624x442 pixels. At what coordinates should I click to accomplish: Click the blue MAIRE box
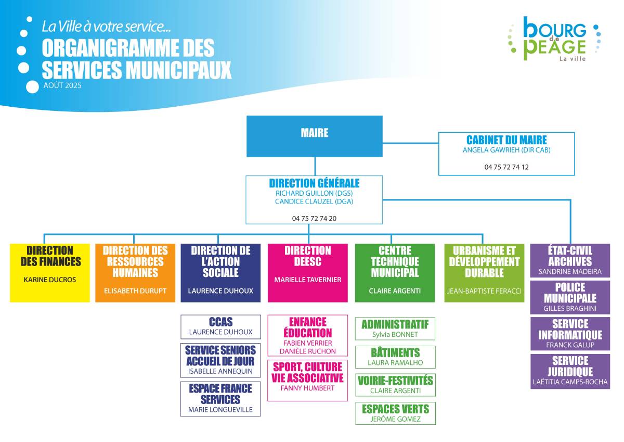tap(315, 136)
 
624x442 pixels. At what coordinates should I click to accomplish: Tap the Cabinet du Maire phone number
tap(506, 167)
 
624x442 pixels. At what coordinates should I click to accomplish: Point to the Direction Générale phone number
tap(314, 218)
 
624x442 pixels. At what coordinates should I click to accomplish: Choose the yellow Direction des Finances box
tap(50, 273)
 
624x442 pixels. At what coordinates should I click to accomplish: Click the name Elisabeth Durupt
tap(135, 291)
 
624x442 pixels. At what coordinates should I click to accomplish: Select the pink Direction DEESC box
tap(308, 273)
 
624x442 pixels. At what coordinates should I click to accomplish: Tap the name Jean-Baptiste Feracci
tap(484, 291)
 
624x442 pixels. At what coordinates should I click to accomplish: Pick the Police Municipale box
tap(570, 297)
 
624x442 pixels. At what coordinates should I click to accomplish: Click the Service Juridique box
tap(570, 371)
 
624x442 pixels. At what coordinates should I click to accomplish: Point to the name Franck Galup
tap(570, 345)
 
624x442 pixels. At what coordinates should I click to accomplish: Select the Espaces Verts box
tap(395, 413)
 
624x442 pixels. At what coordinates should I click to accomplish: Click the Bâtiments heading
tap(395, 353)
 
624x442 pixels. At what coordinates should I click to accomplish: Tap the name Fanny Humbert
tap(307, 388)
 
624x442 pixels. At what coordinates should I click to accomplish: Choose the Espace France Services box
tap(220, 399)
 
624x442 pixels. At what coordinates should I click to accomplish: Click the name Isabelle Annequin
tap(220, 371)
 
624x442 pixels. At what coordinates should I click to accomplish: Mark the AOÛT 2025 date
tap(62, 85)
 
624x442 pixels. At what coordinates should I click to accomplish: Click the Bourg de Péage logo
tap(554, 39)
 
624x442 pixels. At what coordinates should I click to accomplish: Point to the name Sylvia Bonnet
tap(395, 334)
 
